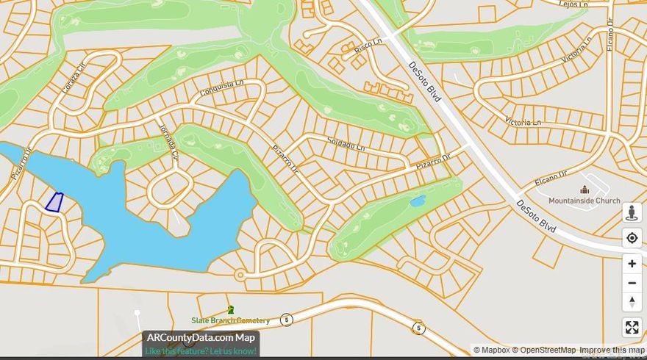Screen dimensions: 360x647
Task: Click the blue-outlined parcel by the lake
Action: point(54,202)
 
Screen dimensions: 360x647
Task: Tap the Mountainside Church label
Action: point(585,201)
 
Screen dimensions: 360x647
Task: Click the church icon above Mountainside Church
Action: point(585,190)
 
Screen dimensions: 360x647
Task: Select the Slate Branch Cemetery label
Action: point(230,320)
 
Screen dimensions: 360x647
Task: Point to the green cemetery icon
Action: point(231,310)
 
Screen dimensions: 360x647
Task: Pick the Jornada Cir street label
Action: point(169,141)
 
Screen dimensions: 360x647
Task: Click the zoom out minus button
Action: point(632,283)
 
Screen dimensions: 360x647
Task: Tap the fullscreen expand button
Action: point(632,328)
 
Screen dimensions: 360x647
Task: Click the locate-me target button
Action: point(632,238)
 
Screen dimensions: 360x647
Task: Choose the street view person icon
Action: point(632,213)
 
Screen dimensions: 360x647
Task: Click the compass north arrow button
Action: point(632,301)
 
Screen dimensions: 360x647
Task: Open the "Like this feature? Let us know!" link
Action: point(201,351)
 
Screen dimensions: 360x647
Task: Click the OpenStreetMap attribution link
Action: point(545,350)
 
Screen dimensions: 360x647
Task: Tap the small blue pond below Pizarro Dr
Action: point(417,201)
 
